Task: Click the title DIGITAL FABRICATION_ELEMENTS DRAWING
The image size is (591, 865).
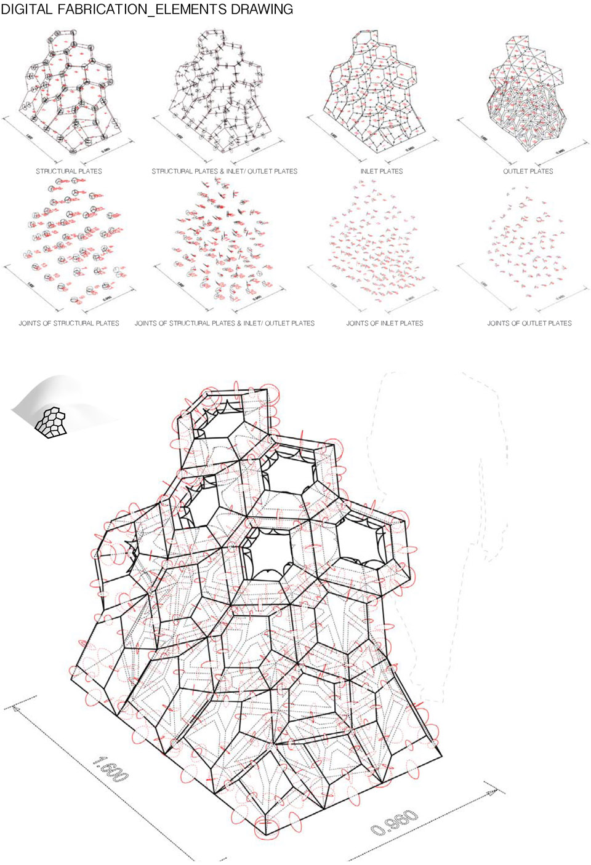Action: [147, 9]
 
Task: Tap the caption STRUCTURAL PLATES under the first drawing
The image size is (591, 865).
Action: [69, 171]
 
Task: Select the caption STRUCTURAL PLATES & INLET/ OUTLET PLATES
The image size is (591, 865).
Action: [225, 171]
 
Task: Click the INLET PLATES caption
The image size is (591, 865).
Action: [382, 171]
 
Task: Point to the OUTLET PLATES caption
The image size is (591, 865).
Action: [528, 171]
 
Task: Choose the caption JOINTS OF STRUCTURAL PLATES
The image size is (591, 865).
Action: [69, 323]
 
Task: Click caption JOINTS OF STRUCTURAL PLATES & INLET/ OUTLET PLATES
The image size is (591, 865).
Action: [225, 323]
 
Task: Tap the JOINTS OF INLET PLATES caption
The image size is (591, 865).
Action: [385, 323]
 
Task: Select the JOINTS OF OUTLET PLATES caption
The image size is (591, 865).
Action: [529, 323]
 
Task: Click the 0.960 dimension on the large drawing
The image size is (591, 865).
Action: [395, 823]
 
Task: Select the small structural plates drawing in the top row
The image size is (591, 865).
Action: [71, 92]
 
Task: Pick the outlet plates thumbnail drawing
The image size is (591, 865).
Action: [527, 92]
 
